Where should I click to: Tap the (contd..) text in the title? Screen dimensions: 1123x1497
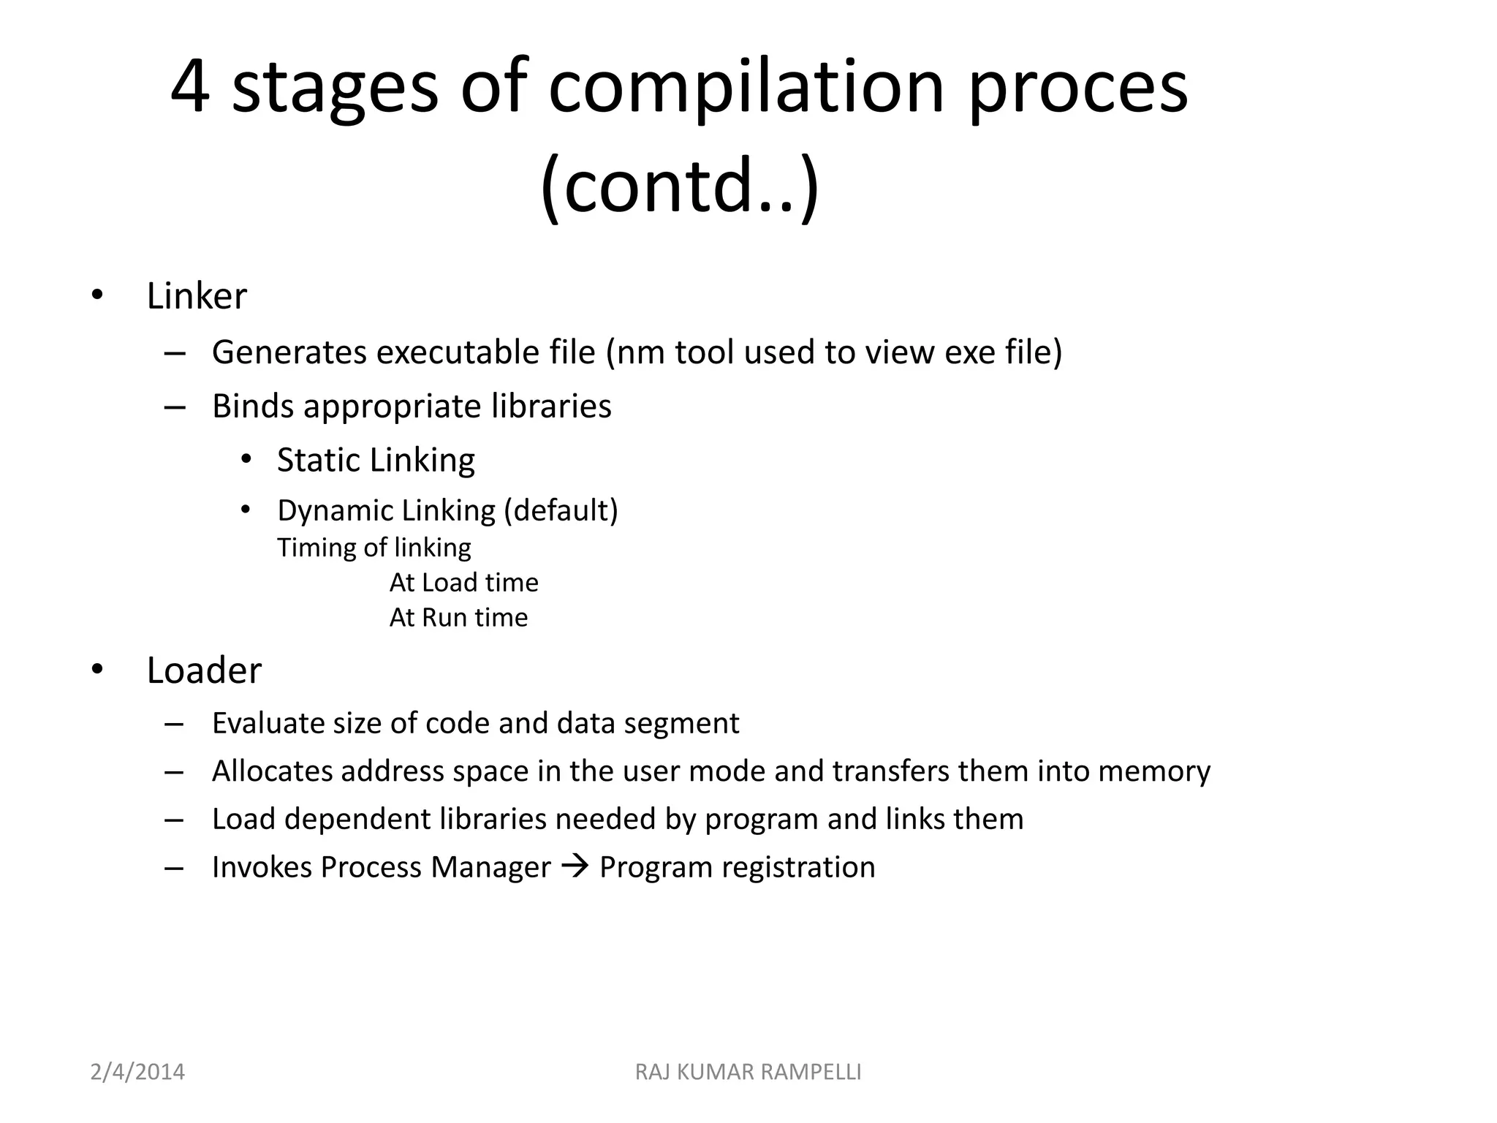click(680, 186)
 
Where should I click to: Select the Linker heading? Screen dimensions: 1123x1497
click(197, 296)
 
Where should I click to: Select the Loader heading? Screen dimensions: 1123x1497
click(204, 670)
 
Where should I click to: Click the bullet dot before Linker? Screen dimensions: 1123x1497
click(97, 296)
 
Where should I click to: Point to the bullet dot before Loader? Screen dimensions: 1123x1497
click(97, 670)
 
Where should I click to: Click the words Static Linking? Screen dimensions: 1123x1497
click(376, 461)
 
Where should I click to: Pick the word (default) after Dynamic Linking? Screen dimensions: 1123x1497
click(561, 510)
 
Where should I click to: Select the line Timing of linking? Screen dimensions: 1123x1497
click(374, 548)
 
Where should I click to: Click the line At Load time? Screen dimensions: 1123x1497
click(463, 583)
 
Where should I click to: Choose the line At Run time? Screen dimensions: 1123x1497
click(458, 618)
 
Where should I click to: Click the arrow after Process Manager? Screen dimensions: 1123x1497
click(575, 867)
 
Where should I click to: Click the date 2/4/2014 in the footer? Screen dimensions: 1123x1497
click(137, 1072)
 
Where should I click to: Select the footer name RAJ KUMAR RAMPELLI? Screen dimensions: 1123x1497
click(748, 1072)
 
